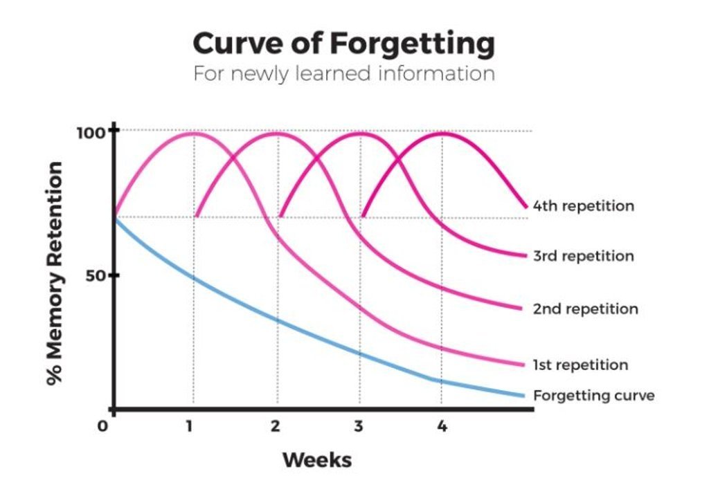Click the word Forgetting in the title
point(412,44)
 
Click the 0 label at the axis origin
point(102,426)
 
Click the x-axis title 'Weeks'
point(317,460)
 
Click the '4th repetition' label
point(583,206)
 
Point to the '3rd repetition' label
point(583,256)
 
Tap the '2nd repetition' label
point(585,309)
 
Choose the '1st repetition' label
point(580,365)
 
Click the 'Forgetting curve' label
point(593,396)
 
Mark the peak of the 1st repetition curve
point(192,133)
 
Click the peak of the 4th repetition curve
point(441,133)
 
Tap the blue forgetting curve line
point(277,320)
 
